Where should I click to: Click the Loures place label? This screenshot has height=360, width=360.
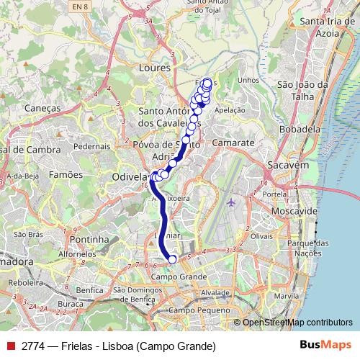click(153, 67)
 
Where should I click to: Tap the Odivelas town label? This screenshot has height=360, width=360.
click(130, 176)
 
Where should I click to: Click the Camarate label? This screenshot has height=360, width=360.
click(234, 143)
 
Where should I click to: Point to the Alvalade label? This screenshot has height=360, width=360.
click(215, 293)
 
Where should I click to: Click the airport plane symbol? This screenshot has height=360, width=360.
click(230, 202)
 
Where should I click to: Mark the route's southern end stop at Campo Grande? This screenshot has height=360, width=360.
click(172, 259)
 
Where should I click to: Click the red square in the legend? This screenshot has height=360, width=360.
click(10, 346)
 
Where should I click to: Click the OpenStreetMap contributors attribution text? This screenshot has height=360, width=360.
click(297, 323)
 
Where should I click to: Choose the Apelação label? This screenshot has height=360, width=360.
click(230, 111)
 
